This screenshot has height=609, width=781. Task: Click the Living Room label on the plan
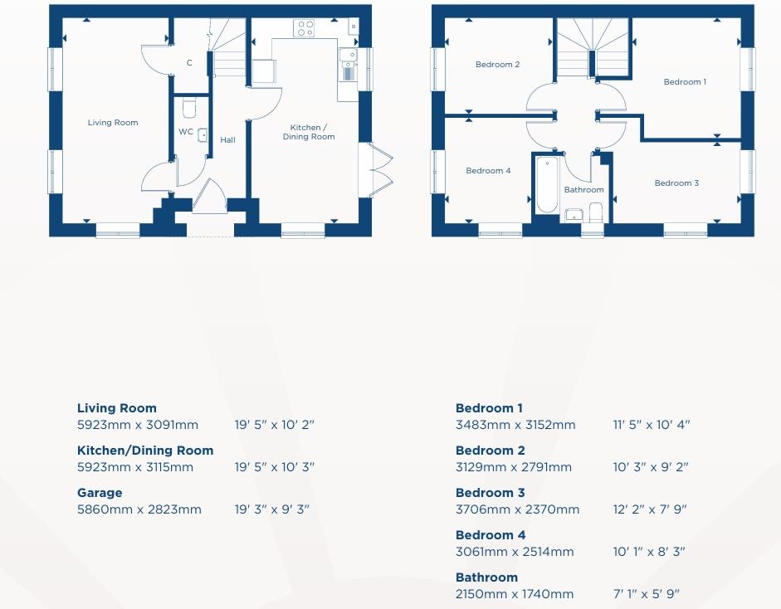[x=113, y=123]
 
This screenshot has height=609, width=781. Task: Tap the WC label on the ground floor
[x=186, y=132]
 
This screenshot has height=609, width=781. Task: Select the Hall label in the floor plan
[x=227, y=140]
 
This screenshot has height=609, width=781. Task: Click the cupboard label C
[x=189, y=63]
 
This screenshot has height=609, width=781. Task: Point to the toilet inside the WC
[x=188, y=109]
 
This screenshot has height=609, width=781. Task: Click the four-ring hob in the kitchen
[x=304, y=29]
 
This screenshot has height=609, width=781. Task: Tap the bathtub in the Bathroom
[x=546, y=184]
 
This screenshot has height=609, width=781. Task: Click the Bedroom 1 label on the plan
[x=684, y=82]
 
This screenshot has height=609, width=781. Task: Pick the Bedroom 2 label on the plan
[x=497, y=65]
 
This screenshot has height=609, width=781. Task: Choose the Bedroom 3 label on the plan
[x=676, y=183]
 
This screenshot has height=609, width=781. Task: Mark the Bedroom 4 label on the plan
[x=488, y=171]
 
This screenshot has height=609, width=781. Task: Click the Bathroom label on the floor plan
[x=584, y=190]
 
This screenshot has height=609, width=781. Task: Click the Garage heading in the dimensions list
[x=100, y=493]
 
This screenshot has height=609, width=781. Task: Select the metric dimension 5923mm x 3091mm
[x=138, y=426]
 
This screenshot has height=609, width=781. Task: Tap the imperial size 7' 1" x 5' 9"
[x=646, y=595]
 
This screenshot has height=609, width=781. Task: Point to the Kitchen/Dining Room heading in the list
[x=145, y=451]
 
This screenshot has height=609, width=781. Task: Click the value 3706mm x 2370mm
[x=517, y=510]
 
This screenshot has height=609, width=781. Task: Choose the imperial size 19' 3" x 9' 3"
[x=271, y=510]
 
